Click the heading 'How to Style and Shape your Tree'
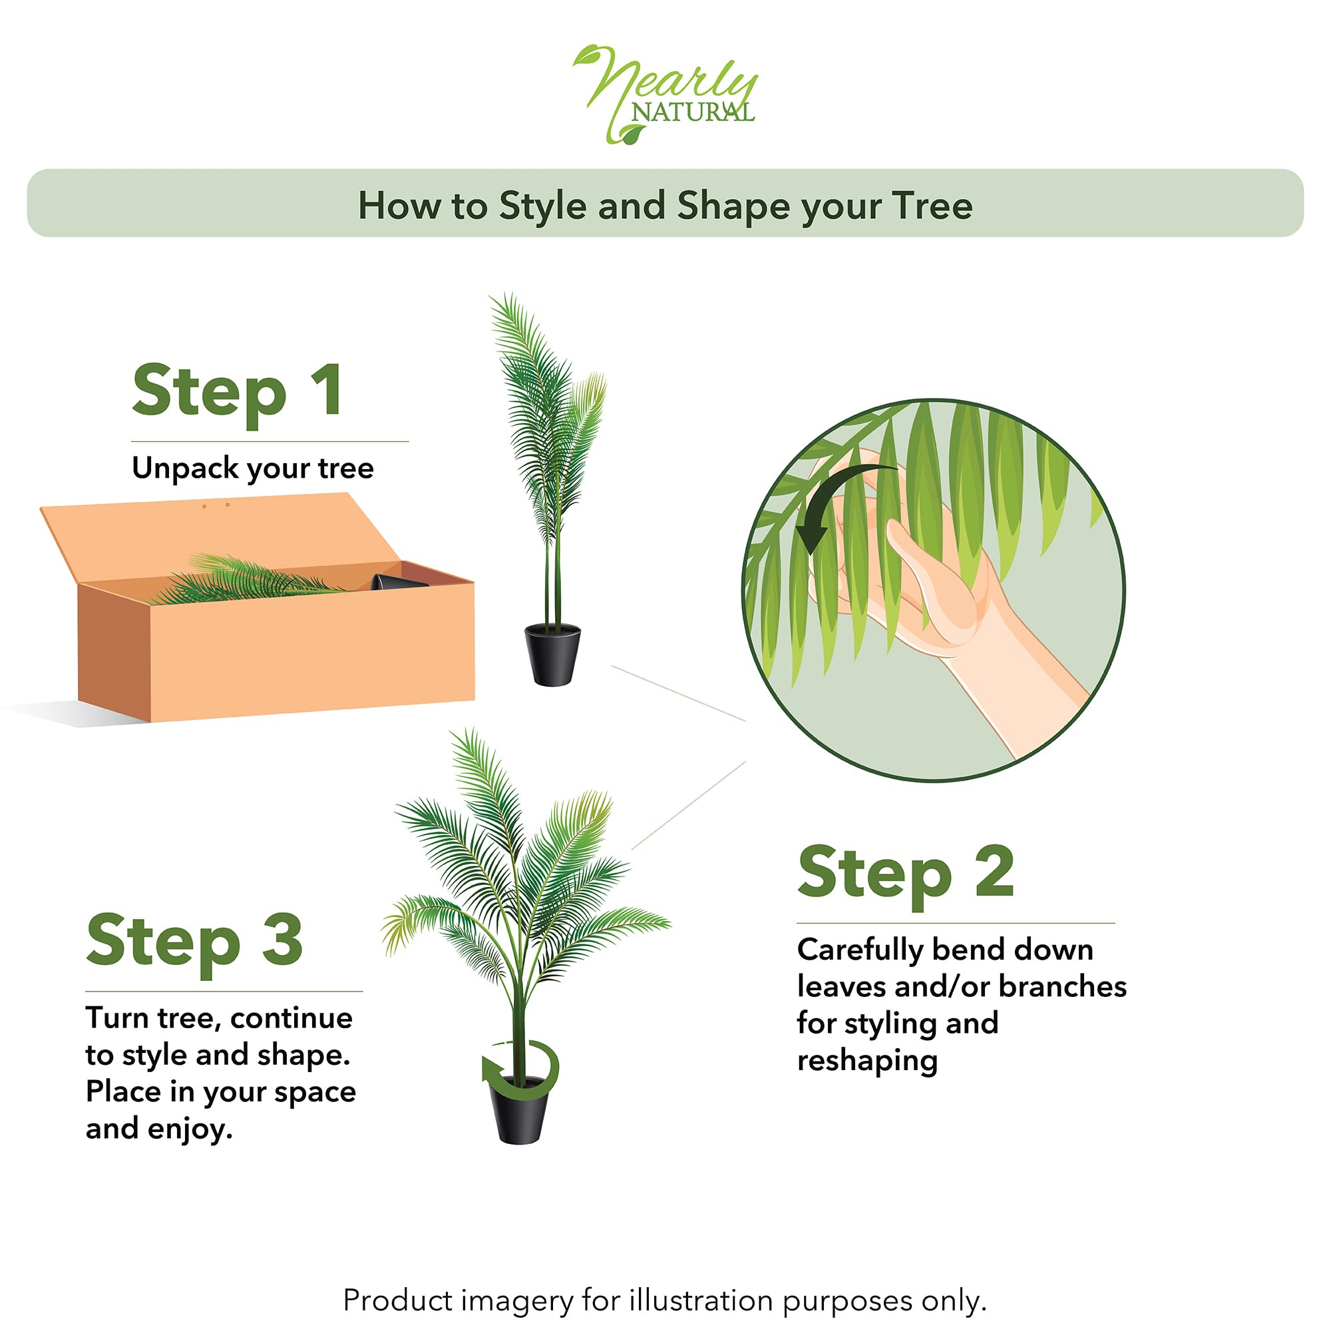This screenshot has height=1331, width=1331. [x=665, y=205]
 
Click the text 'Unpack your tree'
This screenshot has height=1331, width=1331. [x=253, y=469]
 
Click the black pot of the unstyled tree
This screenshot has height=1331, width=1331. [x=552, y=654]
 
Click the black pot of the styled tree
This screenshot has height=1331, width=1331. [x=520, y=1110]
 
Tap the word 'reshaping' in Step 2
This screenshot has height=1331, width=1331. [x=867, y=1061]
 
